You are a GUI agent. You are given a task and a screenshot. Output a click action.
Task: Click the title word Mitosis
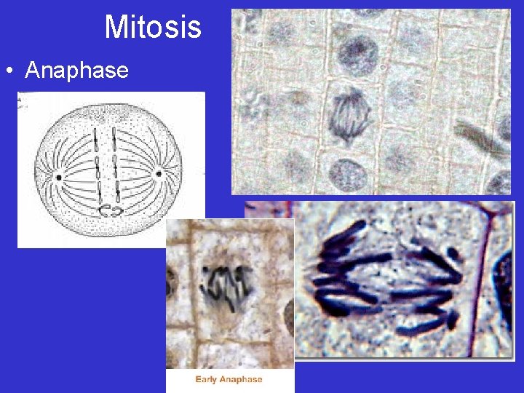pyautogui.click(x=153, y=28)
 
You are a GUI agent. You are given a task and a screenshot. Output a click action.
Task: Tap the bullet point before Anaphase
pyautogui.click(x=10, y=71)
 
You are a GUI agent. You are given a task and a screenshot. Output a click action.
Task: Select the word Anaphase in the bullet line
pyautogui.click(x=76, y=71)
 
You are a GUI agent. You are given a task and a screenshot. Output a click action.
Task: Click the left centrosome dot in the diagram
pyautogui.click(x=57, y=177)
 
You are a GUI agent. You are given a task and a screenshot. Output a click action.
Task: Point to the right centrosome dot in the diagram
pyautogui.click(x=158, y=174)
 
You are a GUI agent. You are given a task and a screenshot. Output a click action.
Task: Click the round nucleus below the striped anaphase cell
pyautogui.click(x=348, y=175)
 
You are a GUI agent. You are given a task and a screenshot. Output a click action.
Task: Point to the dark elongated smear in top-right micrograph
pyautogui.click(x=480, y=139)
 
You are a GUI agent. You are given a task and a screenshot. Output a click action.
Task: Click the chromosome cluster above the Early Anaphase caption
pyautogui.click(x=226, y=284)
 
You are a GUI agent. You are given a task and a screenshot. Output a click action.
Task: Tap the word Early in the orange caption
pyautogui.click(x=207, y=379)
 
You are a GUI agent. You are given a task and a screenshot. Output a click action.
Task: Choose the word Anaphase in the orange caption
pyautogui.click(x=242, y=379)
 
